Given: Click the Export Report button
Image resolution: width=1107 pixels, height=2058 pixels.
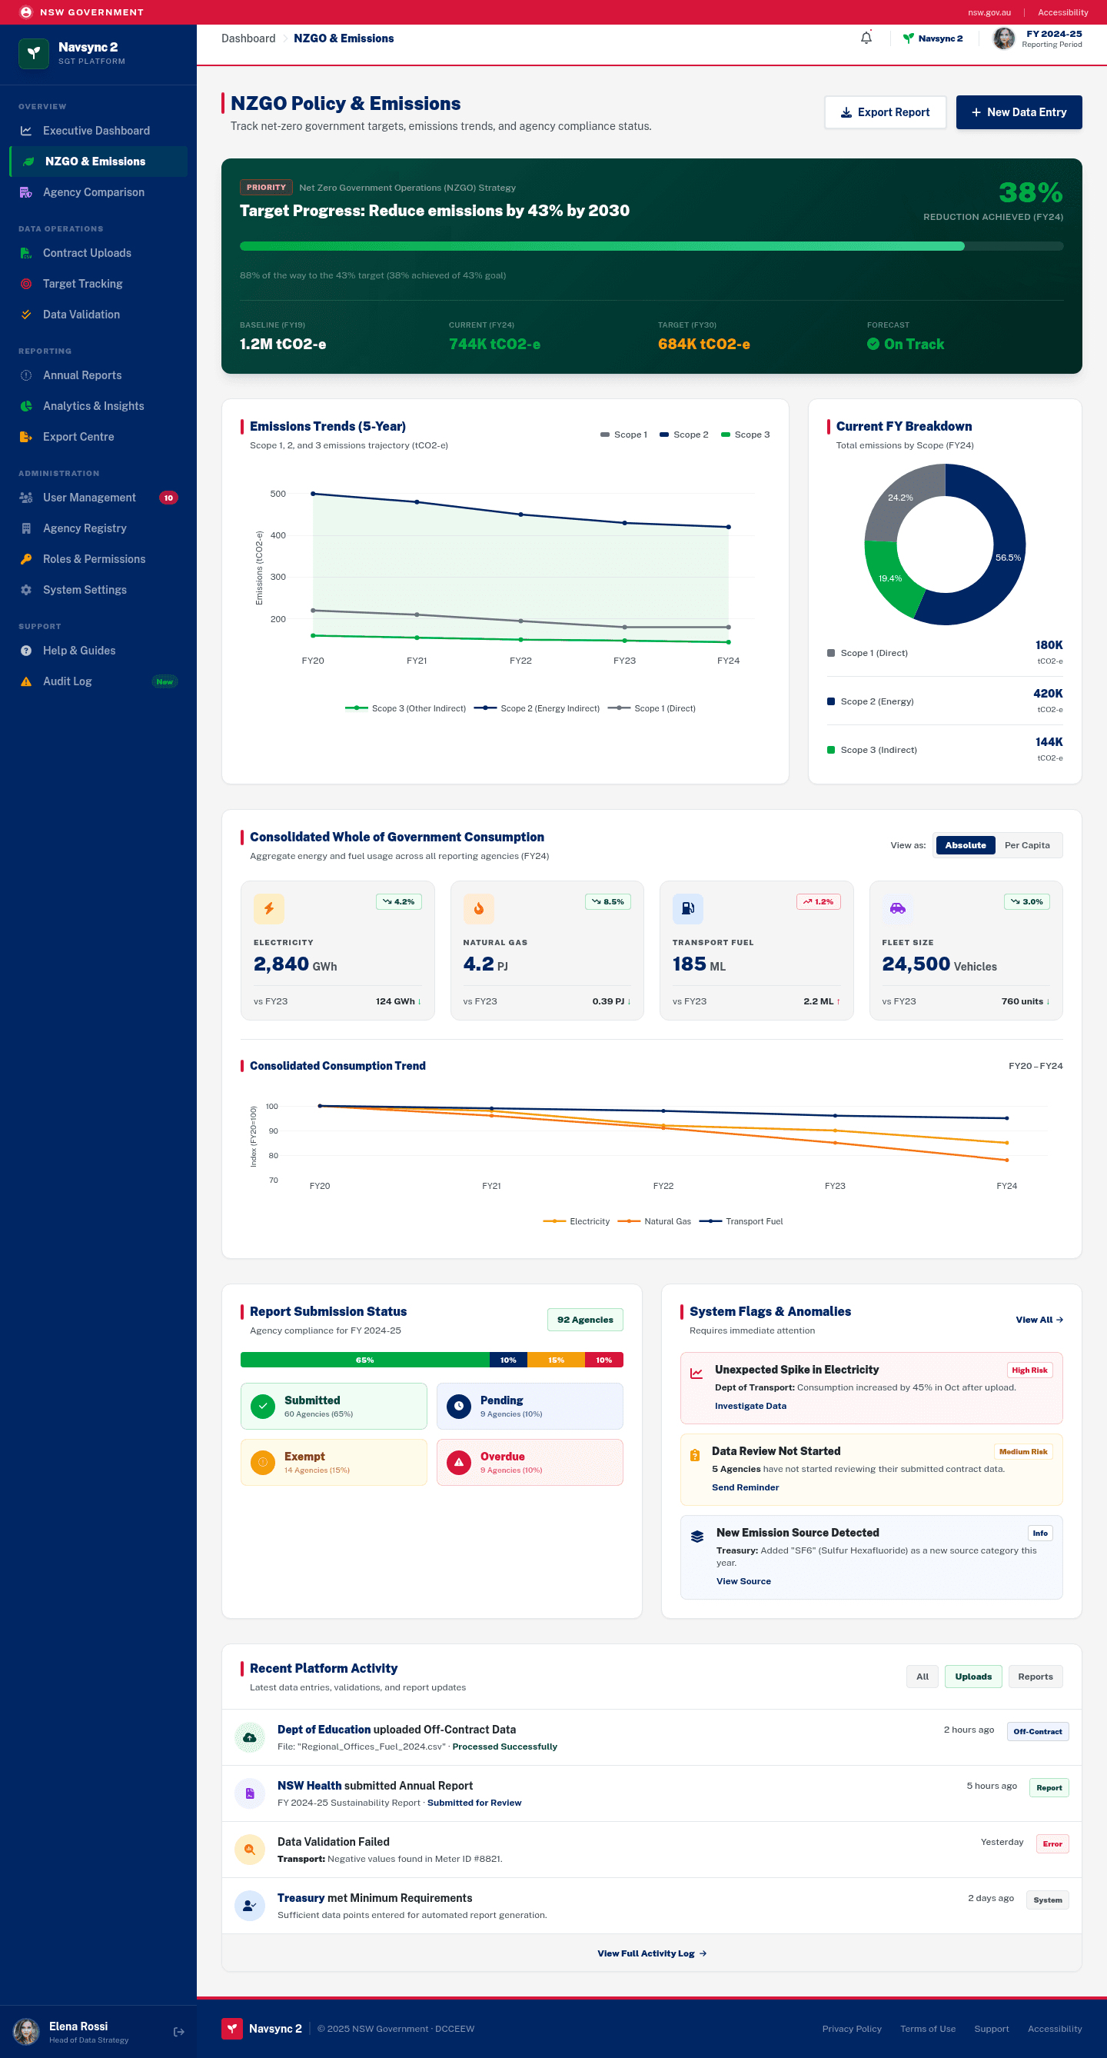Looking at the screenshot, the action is click(x=885, y=112).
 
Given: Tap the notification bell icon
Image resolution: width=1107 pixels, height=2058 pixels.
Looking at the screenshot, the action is click(x=866, y=38).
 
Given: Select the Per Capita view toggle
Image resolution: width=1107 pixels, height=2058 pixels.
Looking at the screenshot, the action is click(x=1027, y=845).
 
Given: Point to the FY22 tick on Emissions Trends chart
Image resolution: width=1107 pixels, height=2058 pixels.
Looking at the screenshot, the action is click(x=520, y=661).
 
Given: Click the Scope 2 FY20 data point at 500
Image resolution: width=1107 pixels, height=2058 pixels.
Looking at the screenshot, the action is click(x=313, y=494).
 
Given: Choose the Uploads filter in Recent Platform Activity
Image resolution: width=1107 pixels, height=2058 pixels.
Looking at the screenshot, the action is click(x=972, y=1676).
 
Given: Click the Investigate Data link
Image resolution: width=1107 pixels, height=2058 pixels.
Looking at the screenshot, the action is click(x=750, y=1406).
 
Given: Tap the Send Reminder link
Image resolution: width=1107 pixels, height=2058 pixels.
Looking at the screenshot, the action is click(x=745, y=1487).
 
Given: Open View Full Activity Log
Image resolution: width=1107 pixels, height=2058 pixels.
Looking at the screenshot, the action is click(x=652, y=1953).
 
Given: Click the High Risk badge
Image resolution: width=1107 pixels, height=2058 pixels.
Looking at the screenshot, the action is click(x=1029, y=1370).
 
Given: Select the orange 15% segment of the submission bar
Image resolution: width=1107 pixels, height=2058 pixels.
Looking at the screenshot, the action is click(x=556, y=1360).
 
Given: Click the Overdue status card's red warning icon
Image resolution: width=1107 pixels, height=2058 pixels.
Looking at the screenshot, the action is click(x=458, y=1463).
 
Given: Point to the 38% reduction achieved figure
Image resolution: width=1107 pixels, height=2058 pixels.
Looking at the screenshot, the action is click(x=1030, y=192).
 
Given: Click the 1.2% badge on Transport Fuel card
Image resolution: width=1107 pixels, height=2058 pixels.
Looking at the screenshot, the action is click(x=818, y=902).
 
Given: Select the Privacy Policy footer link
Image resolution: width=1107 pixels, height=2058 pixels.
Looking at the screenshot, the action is click(x=852, y=2029).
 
